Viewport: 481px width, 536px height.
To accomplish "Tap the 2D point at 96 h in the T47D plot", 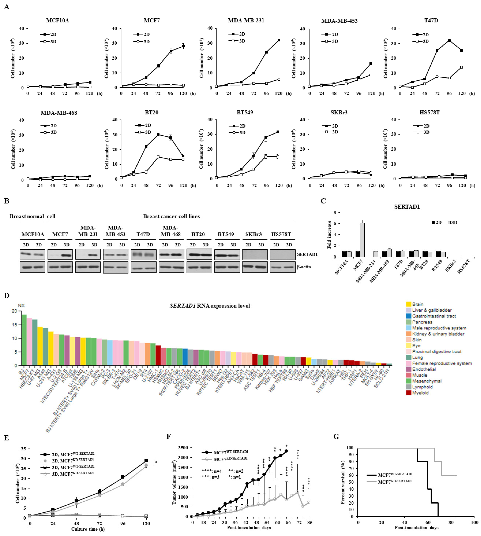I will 449,40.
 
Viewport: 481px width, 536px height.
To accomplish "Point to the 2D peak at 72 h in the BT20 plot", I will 158,135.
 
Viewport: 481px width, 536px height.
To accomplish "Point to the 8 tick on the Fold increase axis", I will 335,213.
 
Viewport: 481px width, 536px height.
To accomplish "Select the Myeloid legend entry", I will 420,393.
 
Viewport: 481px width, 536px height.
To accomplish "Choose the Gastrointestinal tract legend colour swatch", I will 409,316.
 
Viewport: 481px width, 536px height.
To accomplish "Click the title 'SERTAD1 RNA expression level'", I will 210,306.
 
